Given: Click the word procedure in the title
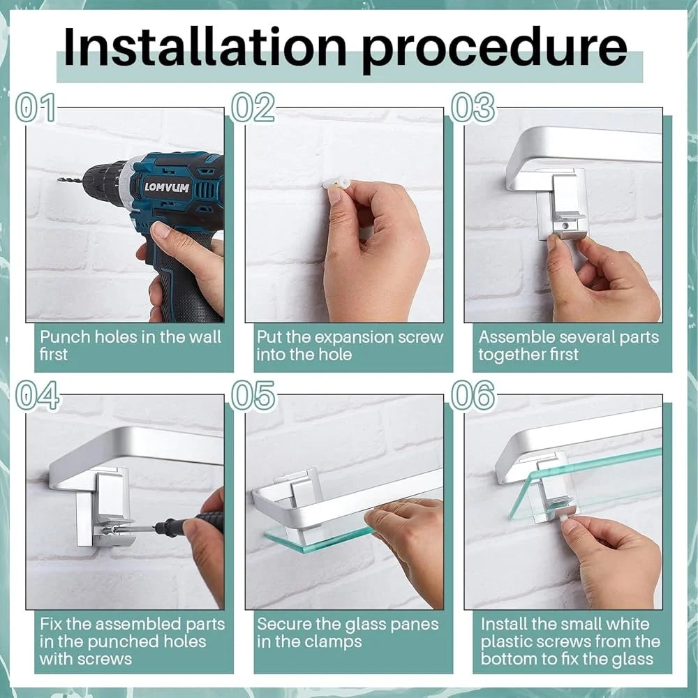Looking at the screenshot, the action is [x=494, y=50].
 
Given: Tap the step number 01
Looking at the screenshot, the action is [x=36, y=107].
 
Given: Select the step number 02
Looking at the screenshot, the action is [x=253, y=107].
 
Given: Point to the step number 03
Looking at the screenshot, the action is [x=473, y=107].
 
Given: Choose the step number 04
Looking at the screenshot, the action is [x=38, y=395].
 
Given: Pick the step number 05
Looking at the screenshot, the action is [x=253, y=395].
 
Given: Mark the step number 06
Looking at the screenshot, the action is [x=473, y=395].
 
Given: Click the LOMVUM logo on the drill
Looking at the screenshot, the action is [x=167, y=187].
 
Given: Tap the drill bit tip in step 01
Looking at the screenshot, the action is [x=59, y=180].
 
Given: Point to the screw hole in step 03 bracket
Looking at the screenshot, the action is [x=565, y=225].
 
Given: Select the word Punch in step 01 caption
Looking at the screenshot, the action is [x=59, y=337].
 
